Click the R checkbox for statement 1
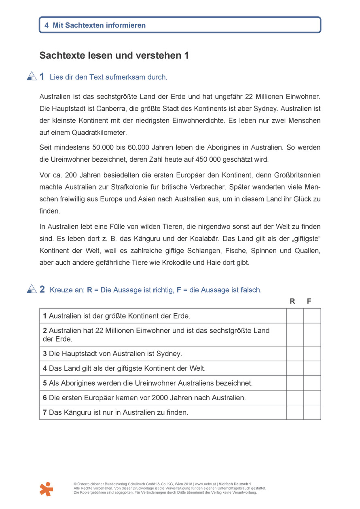click(x=295, y=316)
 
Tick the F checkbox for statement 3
click(x=312, y=353)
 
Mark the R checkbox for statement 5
click(x=295, y=383)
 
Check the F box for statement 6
click(x=312, y=397)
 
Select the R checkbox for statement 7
click(x=295, y=412)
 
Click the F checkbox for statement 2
click(x=312, y=334)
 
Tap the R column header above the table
click(x=292, y=301)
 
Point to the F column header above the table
click(x=309, y=301)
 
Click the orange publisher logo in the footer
click(x=46, y=489)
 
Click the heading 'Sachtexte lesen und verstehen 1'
click(x=114, y=56)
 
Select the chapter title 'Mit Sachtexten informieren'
click(x=99, y=25)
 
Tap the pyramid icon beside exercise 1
click(x=32, y=76)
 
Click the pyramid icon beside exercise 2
click(x=32, y=289)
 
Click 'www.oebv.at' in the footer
click(x=205, y=484)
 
